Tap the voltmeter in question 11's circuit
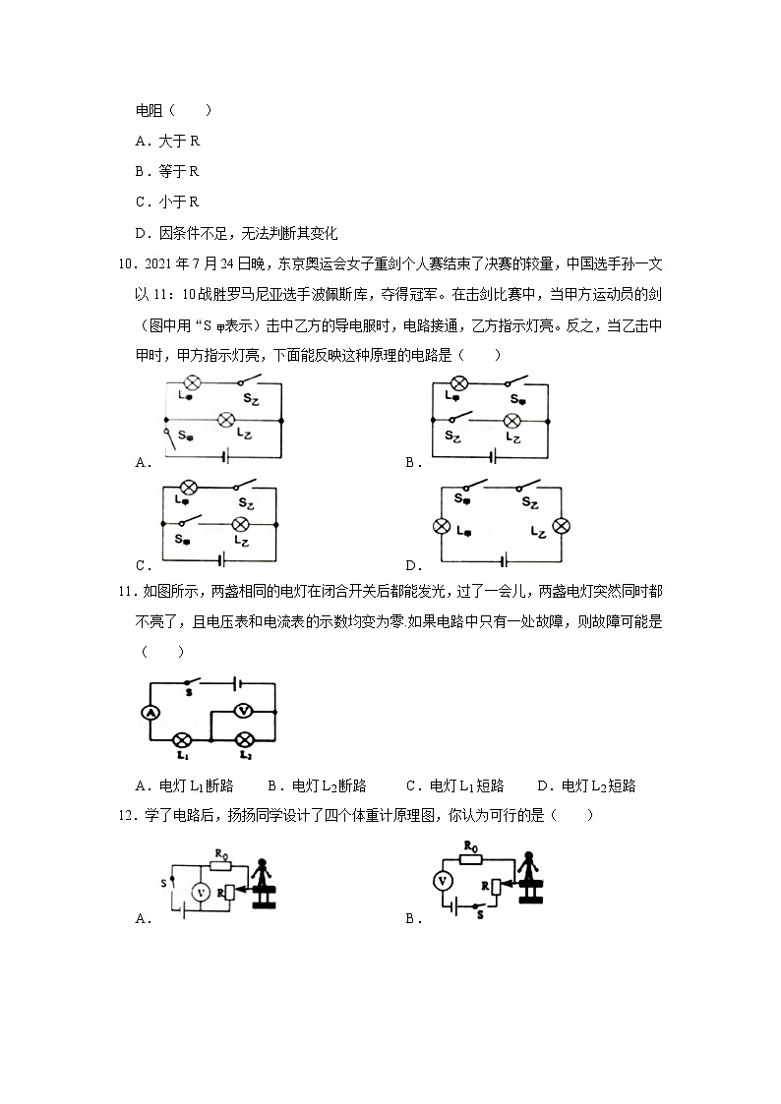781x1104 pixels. point(246,710)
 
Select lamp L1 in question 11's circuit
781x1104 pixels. point(182,738)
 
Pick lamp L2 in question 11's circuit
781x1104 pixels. point(246,738)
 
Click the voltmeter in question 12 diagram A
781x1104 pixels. point(200,892)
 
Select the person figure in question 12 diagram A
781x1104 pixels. point(263,882)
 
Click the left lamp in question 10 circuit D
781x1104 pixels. point(442,526)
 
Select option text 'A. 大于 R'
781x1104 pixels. point(167,141)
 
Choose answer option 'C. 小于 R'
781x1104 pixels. point(167,202)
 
